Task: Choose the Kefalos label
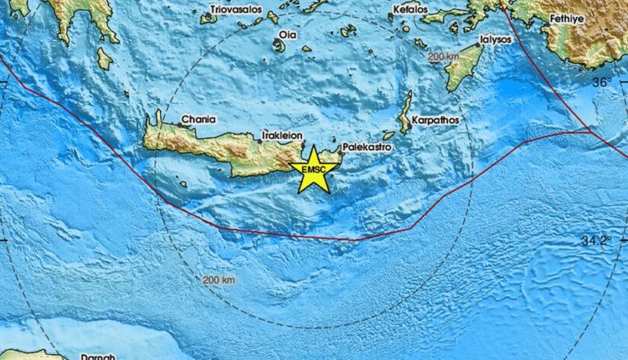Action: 409,10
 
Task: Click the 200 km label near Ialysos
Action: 444,57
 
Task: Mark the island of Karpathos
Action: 405,114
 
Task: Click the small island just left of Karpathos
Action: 389,136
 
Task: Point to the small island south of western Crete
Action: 183,183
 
